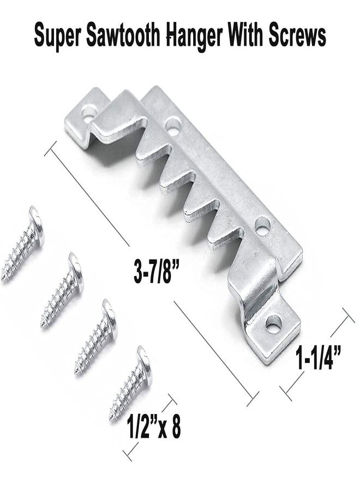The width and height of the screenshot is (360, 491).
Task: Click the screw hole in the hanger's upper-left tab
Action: pos(86,116)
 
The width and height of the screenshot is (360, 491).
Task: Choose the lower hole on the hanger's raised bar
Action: pos(263,224)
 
